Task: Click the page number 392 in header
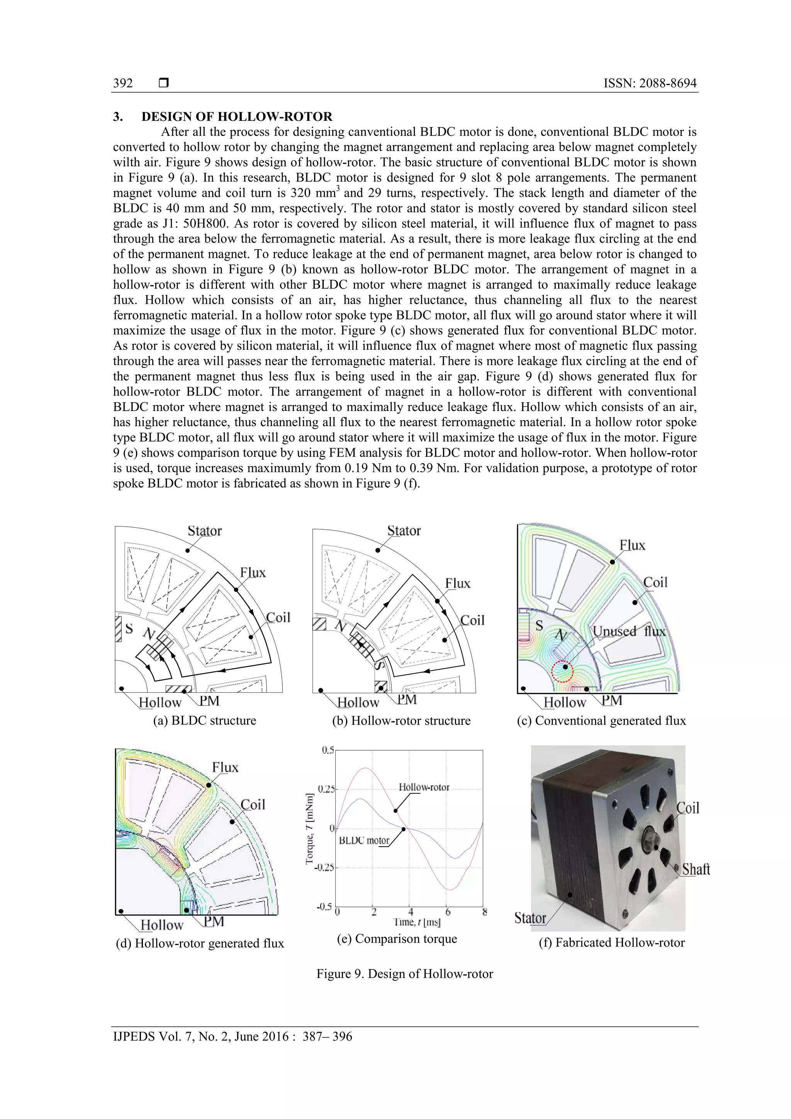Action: click(123, 83)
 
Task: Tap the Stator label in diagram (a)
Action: click(205, 531)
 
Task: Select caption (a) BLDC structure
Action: click(205, 720)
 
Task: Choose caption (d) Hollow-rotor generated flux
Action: click(200, 943)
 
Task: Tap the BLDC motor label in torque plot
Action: click(364, 840)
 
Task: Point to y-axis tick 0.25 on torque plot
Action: click(326, 789)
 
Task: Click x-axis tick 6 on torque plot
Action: click(448, 912)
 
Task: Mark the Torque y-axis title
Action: click(309, 828)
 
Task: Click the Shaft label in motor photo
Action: click(696, 869)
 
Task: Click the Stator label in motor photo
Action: click(530, 918)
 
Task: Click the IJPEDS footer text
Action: click(233, 1036)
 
